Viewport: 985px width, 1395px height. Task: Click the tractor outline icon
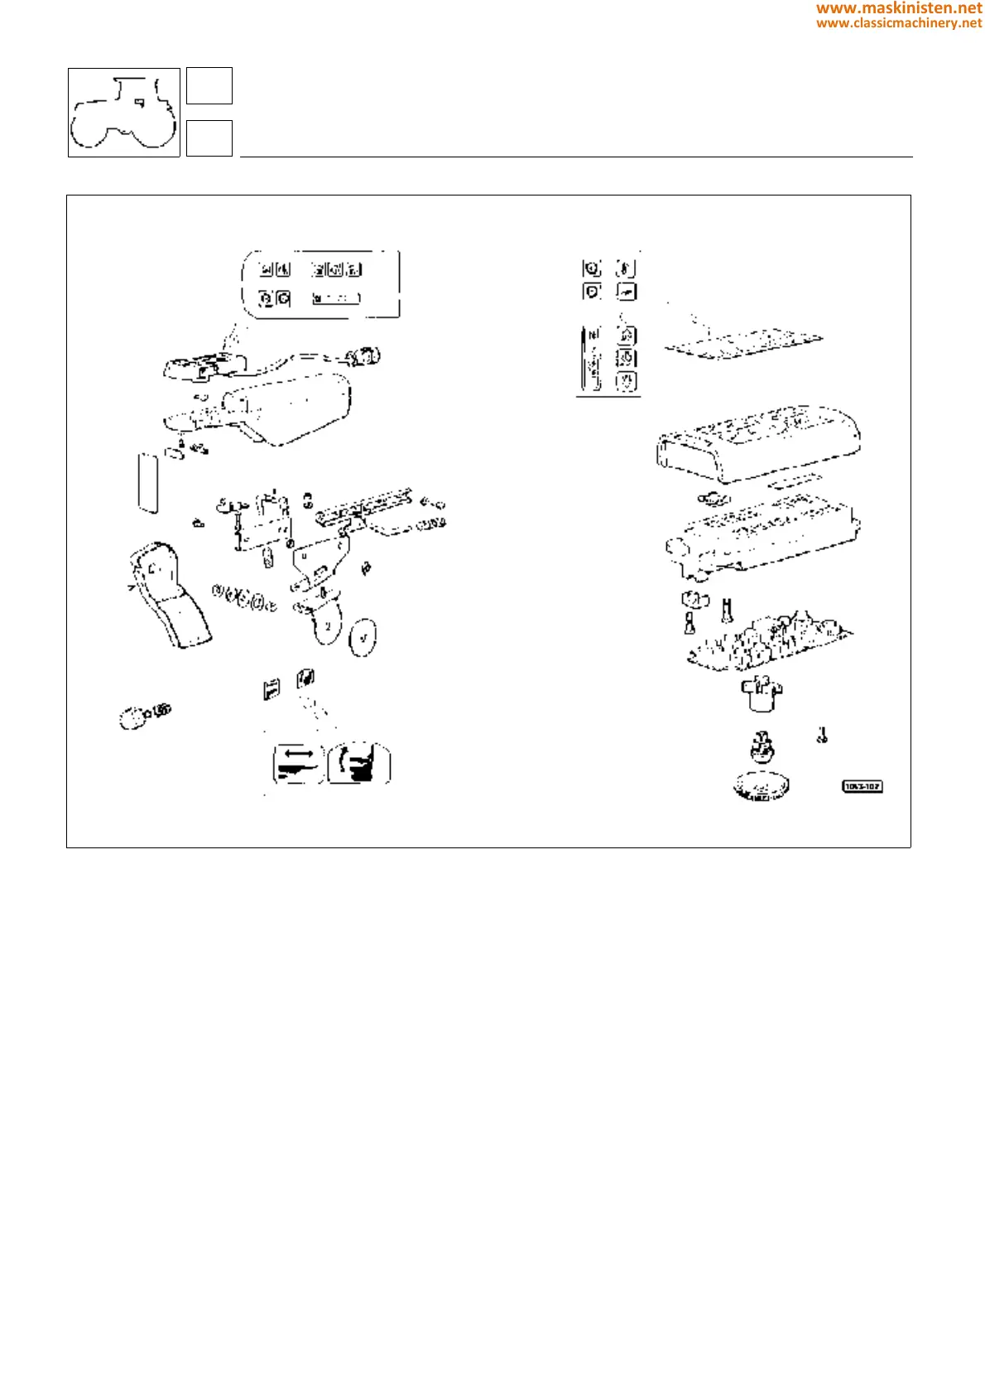(x=123, y=113)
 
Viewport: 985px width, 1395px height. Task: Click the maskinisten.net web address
(x=899, y=8)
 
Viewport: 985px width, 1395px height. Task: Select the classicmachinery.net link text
(x=899, y=23)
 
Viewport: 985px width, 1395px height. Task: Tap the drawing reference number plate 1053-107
(x=862, y=786)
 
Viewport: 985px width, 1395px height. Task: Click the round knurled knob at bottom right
(x=761, y=785)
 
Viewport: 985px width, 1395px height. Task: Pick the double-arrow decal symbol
(x=297, y=763)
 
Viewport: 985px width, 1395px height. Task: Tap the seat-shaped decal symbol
(x=359, y=763)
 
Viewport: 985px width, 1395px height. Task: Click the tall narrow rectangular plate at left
(x=148, y=482)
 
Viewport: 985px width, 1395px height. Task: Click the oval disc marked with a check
(x=363, y=637)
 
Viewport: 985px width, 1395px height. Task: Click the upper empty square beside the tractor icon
(x=209, y=86)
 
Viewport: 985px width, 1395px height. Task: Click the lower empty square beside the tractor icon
(x=209, y=138)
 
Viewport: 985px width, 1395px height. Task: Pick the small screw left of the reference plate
(x=822, y=735)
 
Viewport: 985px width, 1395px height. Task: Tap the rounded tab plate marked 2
(x=326, y=626)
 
